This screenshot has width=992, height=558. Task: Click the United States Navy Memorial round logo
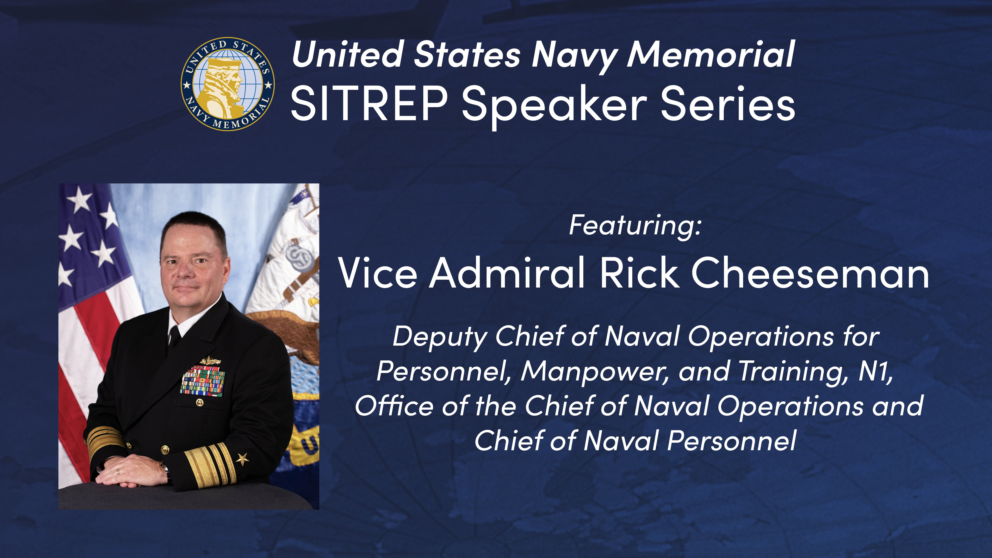(228, 84)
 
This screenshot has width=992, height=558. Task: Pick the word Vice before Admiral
(377, 273)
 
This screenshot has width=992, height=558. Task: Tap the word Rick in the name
(639, 273)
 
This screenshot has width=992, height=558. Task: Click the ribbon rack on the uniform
(203, 381)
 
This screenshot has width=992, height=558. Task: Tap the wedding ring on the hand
(118, 471)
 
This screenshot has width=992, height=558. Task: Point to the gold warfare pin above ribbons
(210, 361)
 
